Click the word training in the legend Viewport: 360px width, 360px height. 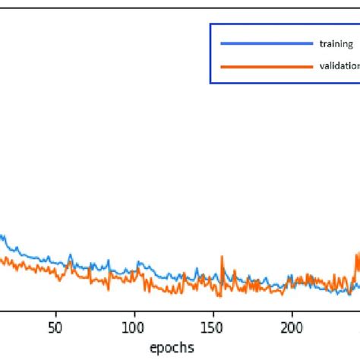336,44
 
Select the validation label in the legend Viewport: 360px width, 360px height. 340,66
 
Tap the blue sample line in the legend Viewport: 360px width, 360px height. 266,44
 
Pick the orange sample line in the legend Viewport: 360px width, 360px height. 266,66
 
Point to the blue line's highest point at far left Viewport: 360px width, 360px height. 4,236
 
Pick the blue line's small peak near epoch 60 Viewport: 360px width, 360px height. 71,253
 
